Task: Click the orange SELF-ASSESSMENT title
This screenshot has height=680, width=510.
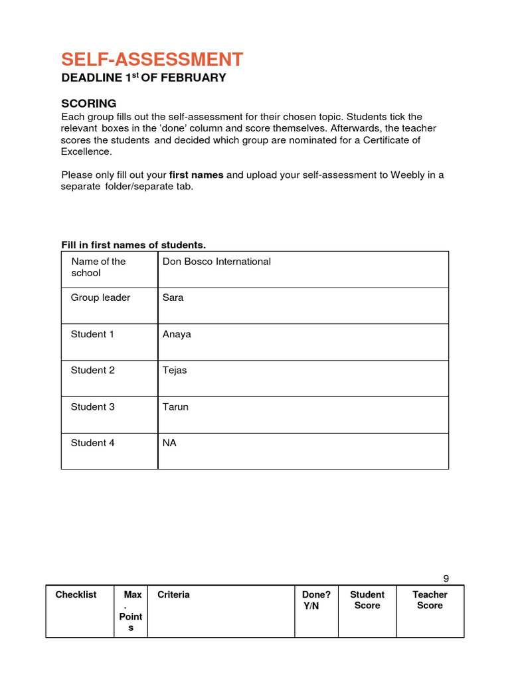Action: [152, 60]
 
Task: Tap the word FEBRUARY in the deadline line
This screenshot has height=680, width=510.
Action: [194, 78]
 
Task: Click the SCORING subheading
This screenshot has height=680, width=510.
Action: [88, 104]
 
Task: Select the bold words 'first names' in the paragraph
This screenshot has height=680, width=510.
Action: [197, 175]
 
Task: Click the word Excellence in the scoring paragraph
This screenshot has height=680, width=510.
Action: [86, 151]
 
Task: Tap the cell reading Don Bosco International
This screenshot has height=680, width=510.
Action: [216, 262]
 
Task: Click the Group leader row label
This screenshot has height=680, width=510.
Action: [100, 297]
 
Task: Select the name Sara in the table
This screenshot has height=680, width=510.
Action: [173, 297]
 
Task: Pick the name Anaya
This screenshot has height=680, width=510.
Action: [177, 334]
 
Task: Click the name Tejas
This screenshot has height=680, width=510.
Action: [175, 370]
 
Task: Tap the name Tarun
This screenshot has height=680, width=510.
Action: [175, 406]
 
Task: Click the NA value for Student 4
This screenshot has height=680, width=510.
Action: [169, 442]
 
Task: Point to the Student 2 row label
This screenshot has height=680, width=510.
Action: [92, 370]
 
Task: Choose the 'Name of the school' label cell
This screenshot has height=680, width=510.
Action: [98, 267]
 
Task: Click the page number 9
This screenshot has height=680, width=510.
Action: [446, 578]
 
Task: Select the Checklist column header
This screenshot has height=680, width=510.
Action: [76, 595]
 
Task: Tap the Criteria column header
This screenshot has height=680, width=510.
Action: [173, 595]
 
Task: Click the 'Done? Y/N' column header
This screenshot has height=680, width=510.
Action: [316, 600]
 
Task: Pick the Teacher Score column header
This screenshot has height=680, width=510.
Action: [430, 600]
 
